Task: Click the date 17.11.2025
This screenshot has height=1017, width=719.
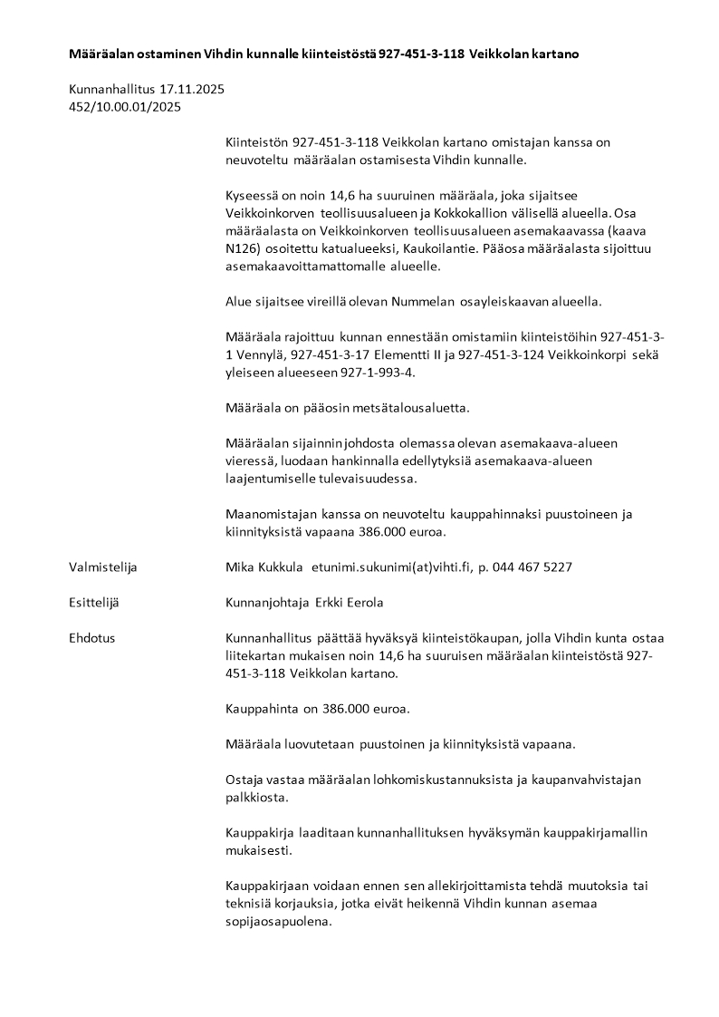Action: (192, 90)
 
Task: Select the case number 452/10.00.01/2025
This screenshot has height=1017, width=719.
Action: (125, 107)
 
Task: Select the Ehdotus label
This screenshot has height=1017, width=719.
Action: (92, 637)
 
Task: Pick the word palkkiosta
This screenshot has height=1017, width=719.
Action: (256, 798)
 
